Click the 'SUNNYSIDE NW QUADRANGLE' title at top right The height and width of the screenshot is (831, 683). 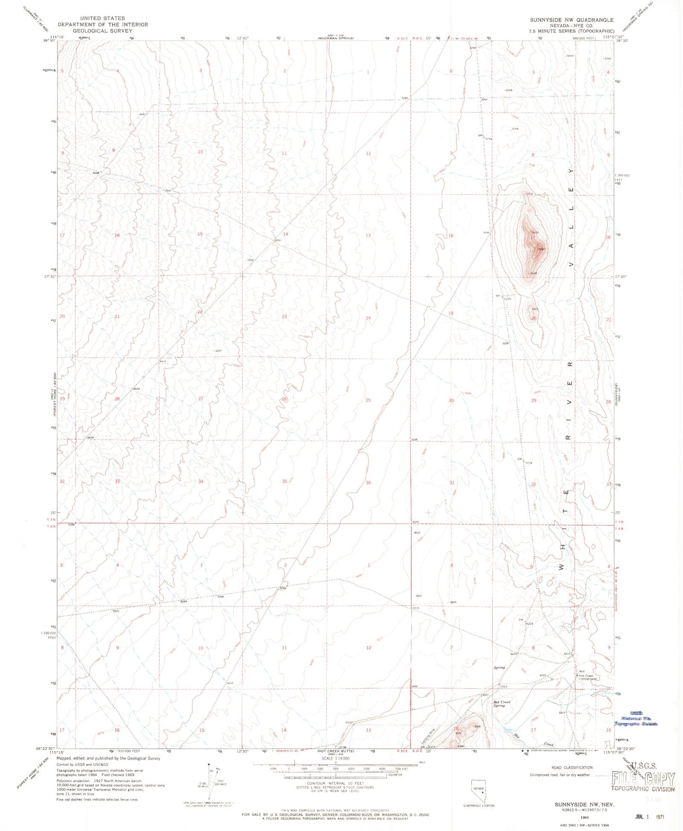(x=571, y=20)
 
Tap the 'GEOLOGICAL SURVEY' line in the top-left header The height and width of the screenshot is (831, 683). (x=103, y=31)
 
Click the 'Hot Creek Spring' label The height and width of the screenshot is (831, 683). (x=501, y=704)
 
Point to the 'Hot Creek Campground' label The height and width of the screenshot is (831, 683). (x=588, y=677)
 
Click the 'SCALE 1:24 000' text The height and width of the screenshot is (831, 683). (x=336, y=771)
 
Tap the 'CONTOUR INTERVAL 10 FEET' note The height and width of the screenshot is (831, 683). (x=336, y=783)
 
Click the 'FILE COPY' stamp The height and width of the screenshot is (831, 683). (x=643, y=778)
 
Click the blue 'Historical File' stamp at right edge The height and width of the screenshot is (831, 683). (x=636, y=718)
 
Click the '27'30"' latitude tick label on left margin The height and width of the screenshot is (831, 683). (x=49, y=277)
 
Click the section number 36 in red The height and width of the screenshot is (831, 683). (x=368, y=483)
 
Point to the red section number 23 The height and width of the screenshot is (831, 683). (x=284, y=317)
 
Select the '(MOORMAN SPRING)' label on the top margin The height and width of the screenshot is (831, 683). (x=336, y=38)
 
